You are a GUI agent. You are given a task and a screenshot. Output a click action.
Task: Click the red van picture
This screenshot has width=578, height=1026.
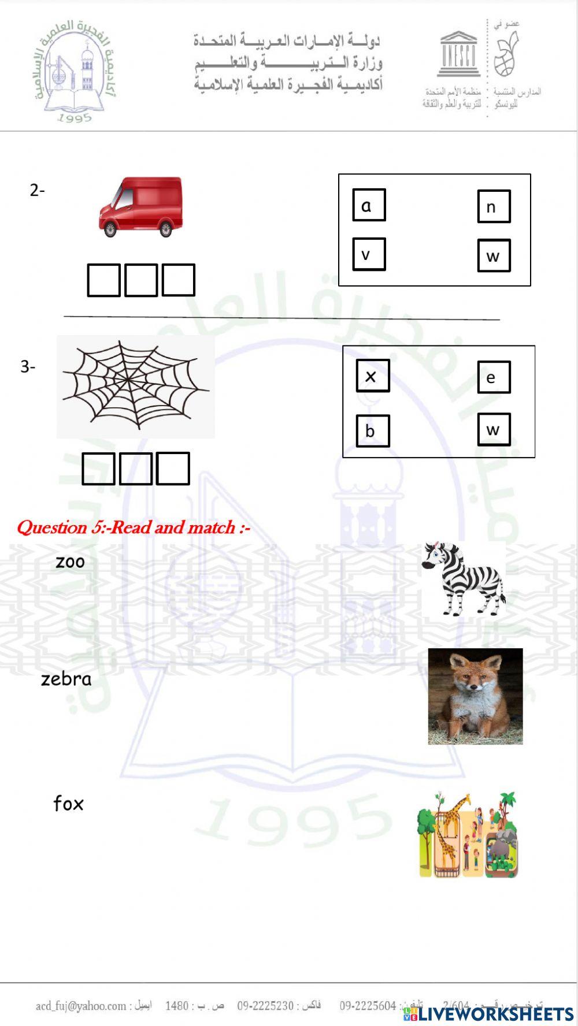click(141, 207)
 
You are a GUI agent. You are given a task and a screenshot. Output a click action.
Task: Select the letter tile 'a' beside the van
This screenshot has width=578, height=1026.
click(369, 205)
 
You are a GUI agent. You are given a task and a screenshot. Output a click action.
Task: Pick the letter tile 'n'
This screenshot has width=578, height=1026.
click(494, 206)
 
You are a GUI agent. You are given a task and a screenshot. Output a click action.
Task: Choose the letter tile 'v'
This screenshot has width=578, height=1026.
click(369, 254)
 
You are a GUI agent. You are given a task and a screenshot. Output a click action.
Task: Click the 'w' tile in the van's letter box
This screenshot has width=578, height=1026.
click(494, 255)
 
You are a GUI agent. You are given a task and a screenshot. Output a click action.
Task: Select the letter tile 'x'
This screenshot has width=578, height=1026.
click(372, 376)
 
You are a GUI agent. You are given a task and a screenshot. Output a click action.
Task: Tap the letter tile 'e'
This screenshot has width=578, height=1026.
click(494, 377)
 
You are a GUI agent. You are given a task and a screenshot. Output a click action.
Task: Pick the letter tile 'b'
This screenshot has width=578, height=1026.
click(372, 431)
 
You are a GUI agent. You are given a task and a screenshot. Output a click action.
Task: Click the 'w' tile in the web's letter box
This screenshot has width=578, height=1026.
click(494, 429)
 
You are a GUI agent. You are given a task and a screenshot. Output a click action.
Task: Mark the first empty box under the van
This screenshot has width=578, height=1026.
click(104, 280)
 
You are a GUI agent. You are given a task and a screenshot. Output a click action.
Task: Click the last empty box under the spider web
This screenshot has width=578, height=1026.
click(173, 469)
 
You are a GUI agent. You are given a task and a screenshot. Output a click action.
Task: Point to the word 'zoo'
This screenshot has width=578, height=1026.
click(70, 562)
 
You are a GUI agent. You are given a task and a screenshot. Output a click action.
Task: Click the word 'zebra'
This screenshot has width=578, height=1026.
click(66, 679)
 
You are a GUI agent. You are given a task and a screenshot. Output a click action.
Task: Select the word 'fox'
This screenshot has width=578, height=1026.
click(68, 804)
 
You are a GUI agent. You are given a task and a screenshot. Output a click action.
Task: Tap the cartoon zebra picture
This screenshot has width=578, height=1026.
click(464, 578)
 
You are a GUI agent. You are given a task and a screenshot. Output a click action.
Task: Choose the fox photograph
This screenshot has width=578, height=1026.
click(475, 696)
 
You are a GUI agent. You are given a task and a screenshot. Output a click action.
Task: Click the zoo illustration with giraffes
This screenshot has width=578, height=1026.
click(468, 835)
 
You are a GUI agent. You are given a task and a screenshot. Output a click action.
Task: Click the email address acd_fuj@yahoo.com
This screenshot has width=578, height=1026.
click(81, 1006)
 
